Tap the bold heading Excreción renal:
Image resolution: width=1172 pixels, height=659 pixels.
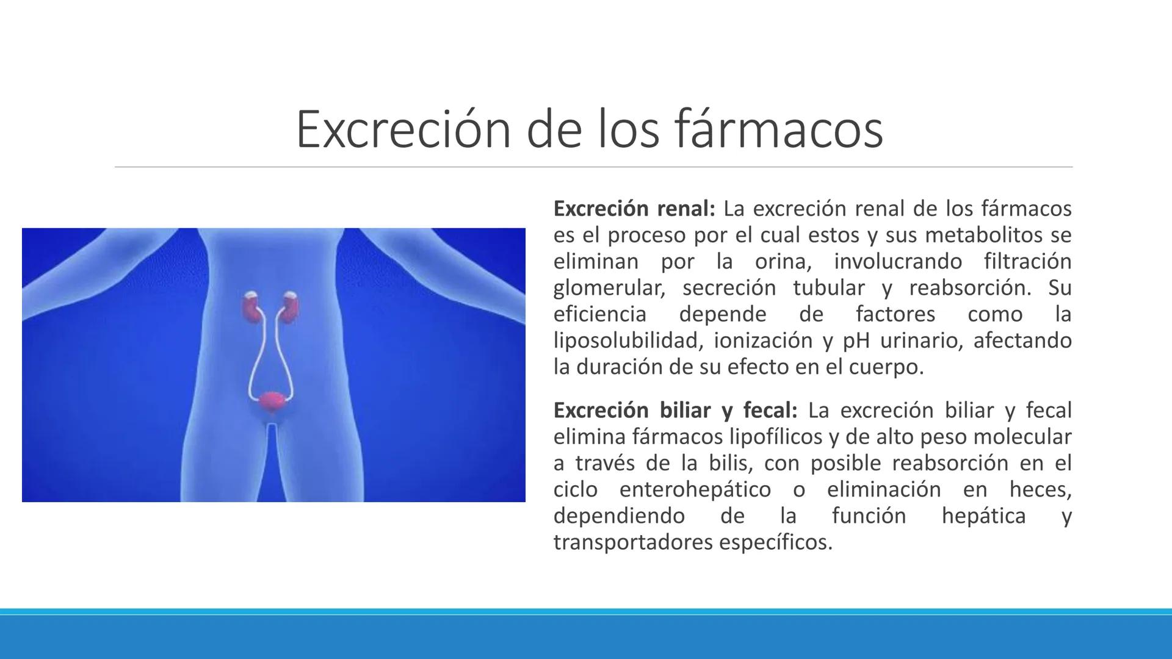pos(634,209)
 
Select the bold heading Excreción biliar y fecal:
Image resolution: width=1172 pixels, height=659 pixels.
pos(675,411)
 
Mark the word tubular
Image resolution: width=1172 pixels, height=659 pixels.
pos(829,288)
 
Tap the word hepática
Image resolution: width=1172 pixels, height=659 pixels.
pos(983,516)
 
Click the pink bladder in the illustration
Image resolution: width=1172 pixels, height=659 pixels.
pos(272,401)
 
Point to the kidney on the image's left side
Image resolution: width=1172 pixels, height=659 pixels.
pos(251,305)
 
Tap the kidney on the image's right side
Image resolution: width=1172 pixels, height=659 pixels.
pos(291,305)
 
